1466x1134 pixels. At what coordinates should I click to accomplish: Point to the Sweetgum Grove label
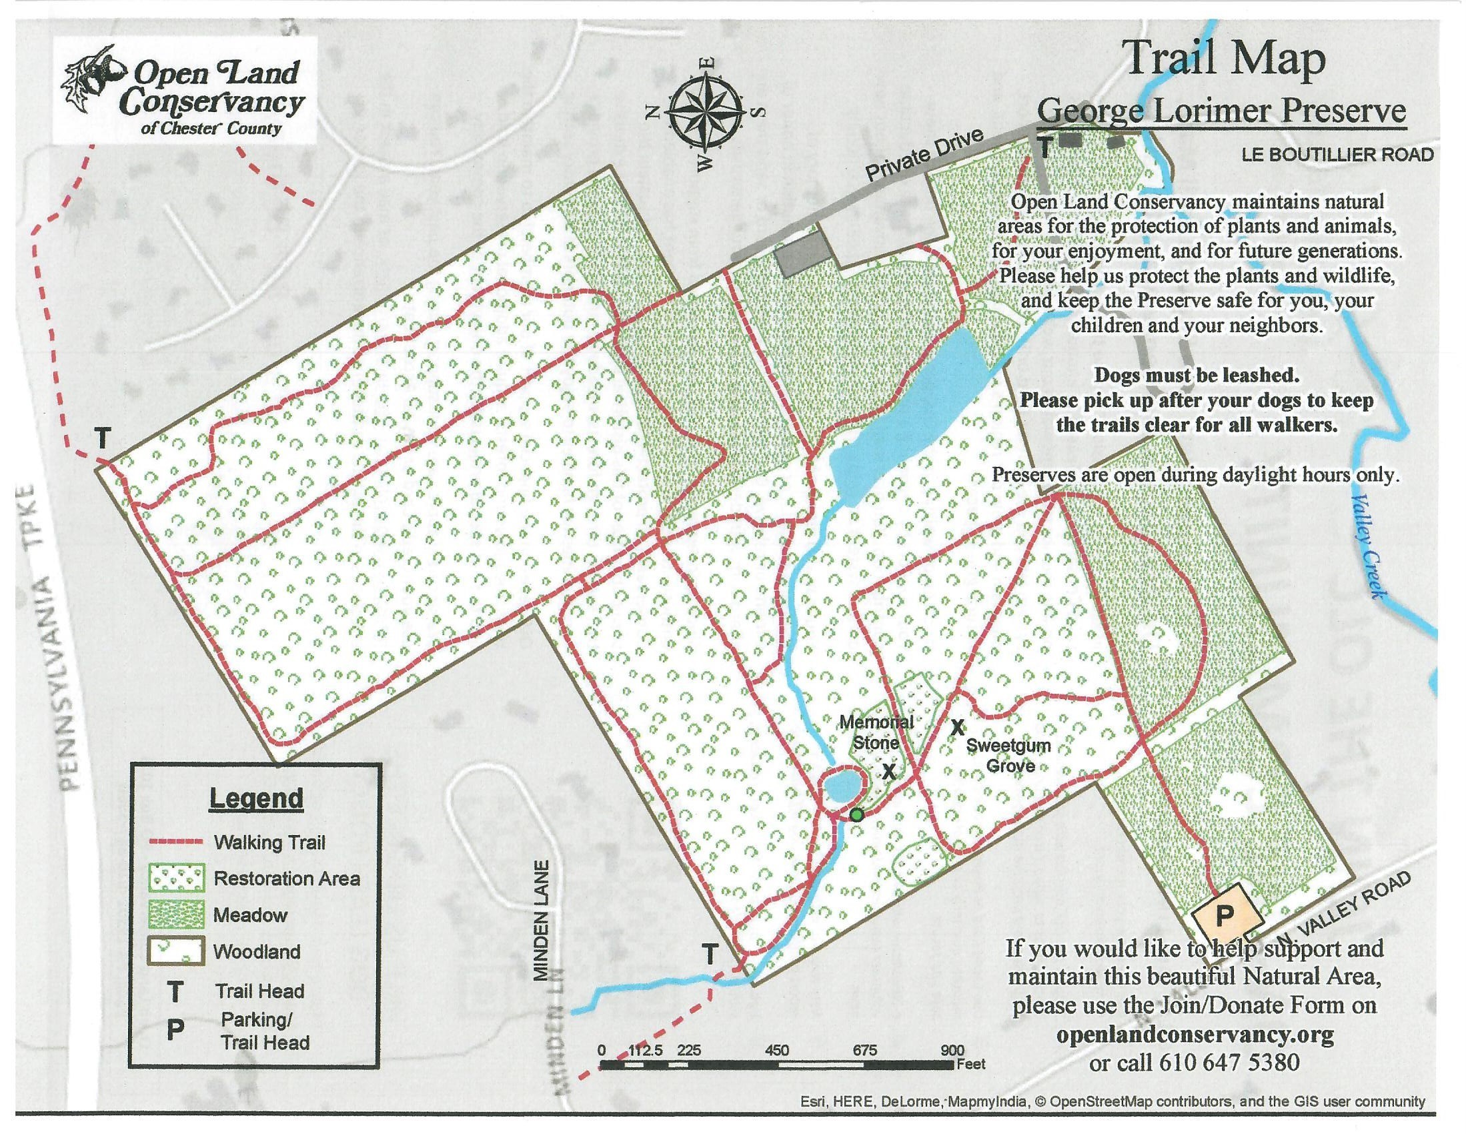click(1009, 754)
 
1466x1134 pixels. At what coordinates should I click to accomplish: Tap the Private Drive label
click(924, 156)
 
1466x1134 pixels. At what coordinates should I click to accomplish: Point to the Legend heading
click(256, 798)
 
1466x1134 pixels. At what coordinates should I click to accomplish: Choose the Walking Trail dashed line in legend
click(175, 842)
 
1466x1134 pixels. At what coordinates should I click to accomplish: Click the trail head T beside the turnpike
click(102, 439)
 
